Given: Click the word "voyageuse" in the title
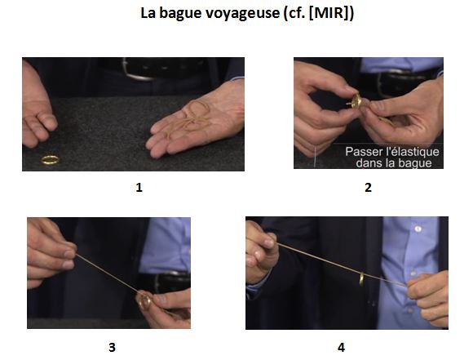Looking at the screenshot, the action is click(243, 14).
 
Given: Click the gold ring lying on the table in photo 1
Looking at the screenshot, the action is click(50, 160).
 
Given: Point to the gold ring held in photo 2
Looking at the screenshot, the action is click(356, 102).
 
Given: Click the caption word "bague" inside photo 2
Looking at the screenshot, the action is click(415, 163).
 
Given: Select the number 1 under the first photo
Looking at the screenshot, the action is click(139, 188).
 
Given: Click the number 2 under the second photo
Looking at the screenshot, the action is click(368, 188).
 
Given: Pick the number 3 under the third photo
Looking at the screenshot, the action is click(112, 348).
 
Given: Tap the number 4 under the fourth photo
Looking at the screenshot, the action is click(341, 348).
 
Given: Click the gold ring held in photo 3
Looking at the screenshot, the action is click(145, 302).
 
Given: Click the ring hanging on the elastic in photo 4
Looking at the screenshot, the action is click(361, 279).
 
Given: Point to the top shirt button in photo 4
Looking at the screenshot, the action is click(418, 229).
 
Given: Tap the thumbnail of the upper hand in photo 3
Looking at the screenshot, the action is click(69, 255).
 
